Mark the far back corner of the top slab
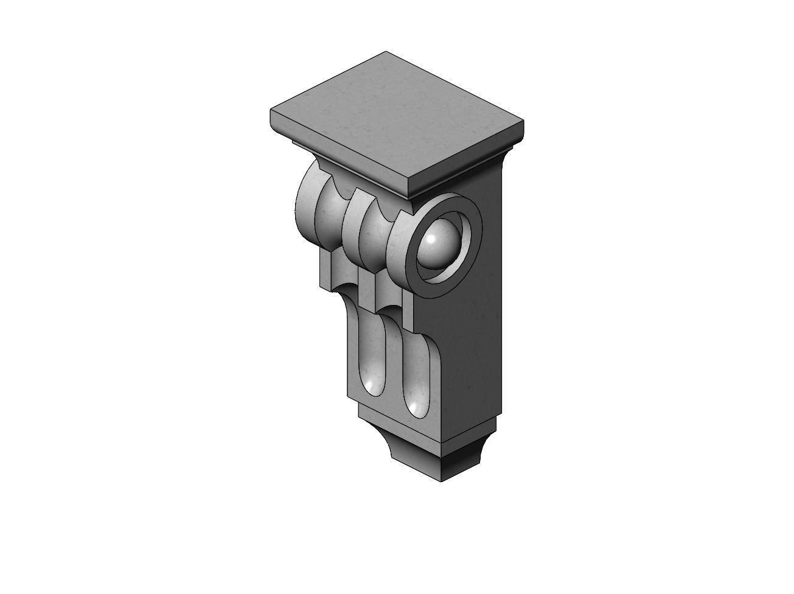pyautogui.click(x=385, y=52)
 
